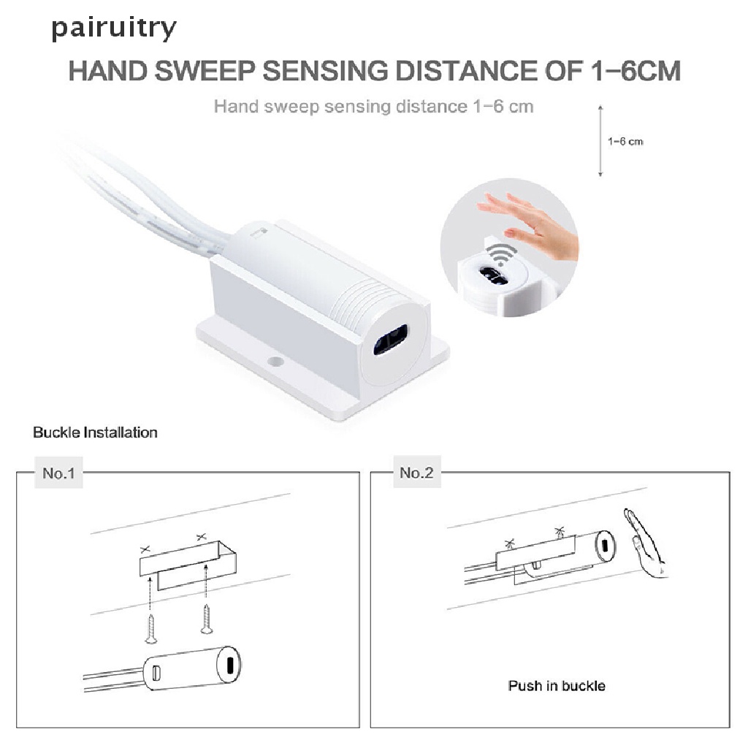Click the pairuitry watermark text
click(113, 28)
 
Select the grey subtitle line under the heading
click(373, 107)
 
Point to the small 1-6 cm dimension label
click(625, 141)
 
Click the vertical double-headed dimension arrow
click(600, 140)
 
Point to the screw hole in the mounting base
click(275, 362)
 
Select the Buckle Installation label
click(95, 432)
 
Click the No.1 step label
click(58, 473)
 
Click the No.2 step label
click(416, 473)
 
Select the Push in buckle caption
click(557, 686)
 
